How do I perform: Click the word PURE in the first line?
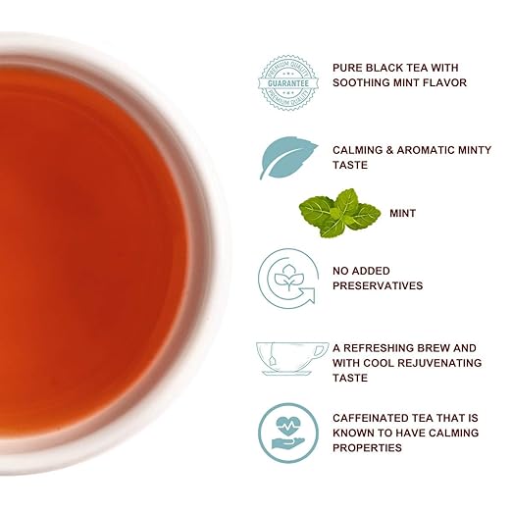349,67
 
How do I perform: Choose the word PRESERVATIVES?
378,285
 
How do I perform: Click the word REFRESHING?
385,347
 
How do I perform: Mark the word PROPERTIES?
368,447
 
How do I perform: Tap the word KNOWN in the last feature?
356,432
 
